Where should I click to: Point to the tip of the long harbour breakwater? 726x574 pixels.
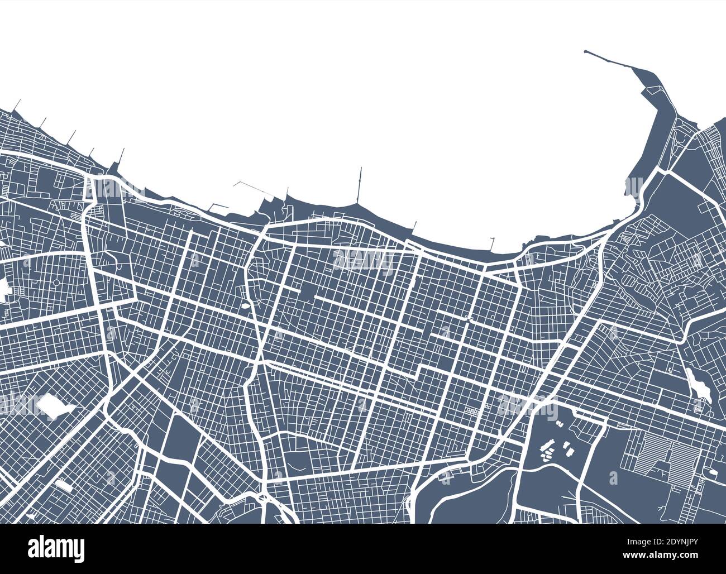(x=585, y=52)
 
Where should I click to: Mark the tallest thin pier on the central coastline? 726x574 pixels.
(x=360, y=184)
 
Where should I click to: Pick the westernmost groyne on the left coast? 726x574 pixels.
(x=17, y=105)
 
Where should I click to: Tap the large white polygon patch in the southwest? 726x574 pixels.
(x=52, y=406)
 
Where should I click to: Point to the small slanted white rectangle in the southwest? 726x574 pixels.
(x=63, y=486)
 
